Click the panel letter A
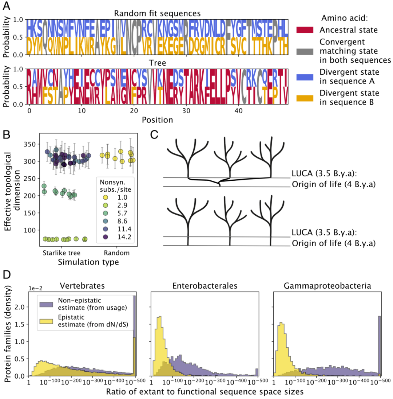(x=7, y=6)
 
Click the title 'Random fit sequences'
(x=157, y=13)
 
